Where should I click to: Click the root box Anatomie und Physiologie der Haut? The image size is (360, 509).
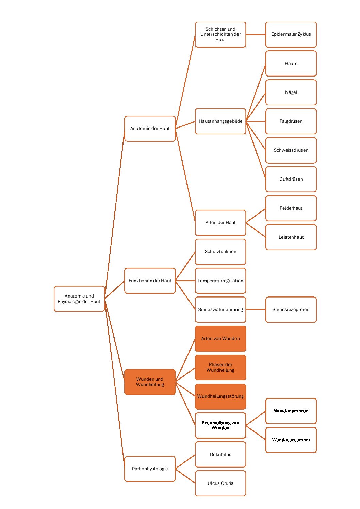(79, 299)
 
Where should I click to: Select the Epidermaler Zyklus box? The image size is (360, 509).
(291, 34)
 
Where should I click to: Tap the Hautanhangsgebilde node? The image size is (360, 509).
(220, 121)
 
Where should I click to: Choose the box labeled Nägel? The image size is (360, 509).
(291, 92)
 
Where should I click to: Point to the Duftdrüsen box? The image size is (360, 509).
(291, 179)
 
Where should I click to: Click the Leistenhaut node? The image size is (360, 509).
(291, 237)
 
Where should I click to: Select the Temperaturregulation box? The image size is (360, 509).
(220, 281)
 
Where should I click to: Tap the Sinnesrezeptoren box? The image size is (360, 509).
(291, 309)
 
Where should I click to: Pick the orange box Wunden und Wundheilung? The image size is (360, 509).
(150, 382)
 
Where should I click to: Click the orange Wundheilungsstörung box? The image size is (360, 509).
(220, 396)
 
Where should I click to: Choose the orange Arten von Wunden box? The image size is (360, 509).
(220, 339)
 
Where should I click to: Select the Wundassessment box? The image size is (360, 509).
(291, 440)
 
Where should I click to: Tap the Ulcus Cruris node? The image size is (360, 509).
(220, 483)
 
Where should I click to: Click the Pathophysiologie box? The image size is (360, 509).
(150, 469)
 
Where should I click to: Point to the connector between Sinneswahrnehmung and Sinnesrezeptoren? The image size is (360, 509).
(256, 309)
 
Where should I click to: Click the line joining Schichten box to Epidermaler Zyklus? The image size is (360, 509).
(256, 34)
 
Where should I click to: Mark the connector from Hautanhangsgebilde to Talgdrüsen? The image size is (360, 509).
(256, 121)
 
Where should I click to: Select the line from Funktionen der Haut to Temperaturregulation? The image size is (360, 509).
(185, 281)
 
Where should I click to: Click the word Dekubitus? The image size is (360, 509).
(220, 454)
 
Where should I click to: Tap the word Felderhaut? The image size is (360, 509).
(291, 208)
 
